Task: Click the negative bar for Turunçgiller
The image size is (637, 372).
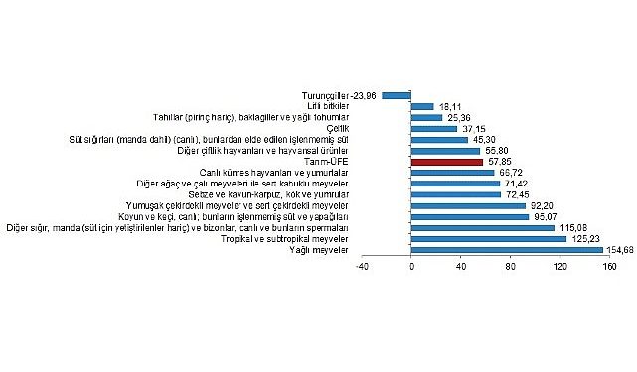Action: tap(397, 95)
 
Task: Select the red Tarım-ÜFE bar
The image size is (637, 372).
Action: tap(446, 161)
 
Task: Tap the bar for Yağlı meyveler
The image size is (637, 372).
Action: tap(507, 249)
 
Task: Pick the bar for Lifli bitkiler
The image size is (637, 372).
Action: tap(422, 106)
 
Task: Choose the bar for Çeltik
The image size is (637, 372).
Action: tap(434, 128)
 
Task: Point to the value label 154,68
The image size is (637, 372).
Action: tap(619, 249)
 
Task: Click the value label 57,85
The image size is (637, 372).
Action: tap(499, 161)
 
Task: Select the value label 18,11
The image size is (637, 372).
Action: tap(451, 106)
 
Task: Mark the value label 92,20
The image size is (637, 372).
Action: tap(543, 205)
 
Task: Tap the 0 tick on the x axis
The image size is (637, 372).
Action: tap(411, 265)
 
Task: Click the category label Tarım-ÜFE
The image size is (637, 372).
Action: tap(355, 161)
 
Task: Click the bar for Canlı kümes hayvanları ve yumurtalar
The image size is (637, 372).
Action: tap(452, 172)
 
